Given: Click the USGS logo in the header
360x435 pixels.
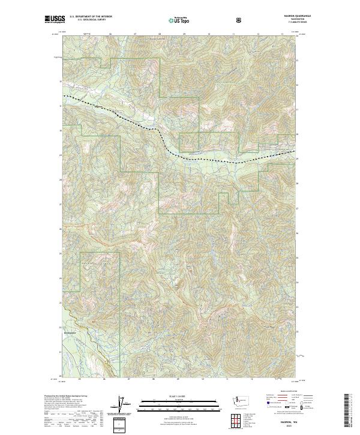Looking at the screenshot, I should click(53, 20).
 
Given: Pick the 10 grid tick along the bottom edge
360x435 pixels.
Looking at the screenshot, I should click(203, 379).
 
